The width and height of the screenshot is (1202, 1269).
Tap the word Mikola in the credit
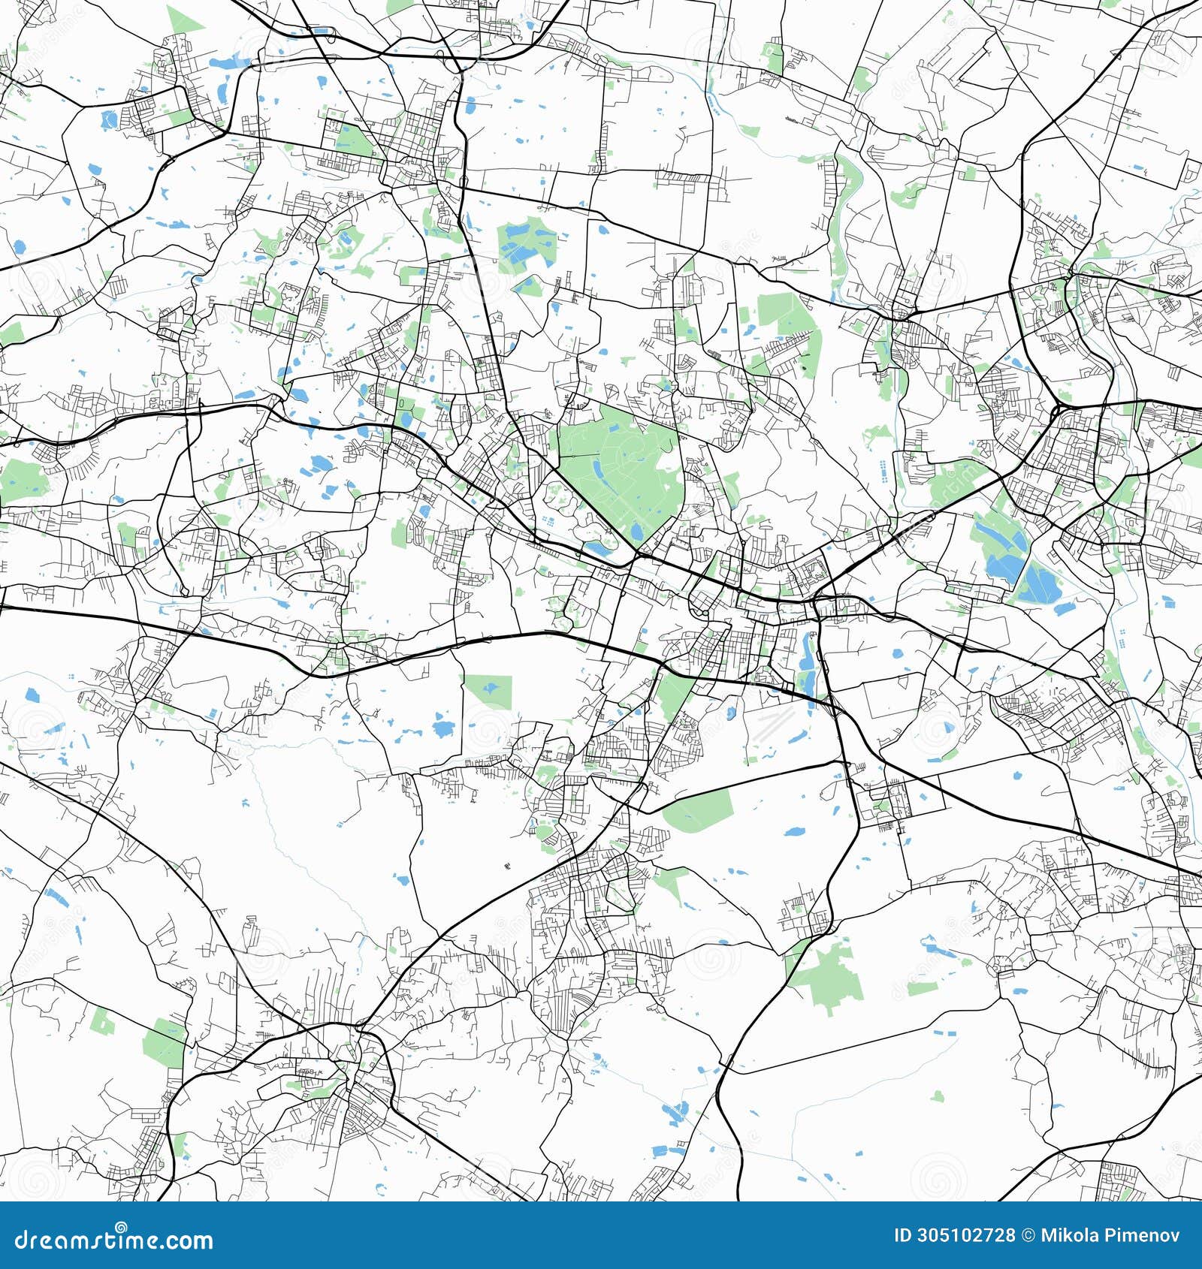click(1070, 1236)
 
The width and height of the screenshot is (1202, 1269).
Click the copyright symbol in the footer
click(1027, 1236)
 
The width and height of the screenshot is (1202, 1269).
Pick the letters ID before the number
click(903, 1236)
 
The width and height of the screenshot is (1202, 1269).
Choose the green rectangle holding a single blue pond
click(488, 690)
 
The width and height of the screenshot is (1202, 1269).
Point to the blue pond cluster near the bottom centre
click(675, 1111)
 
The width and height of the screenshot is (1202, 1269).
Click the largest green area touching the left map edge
click(23, 481)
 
